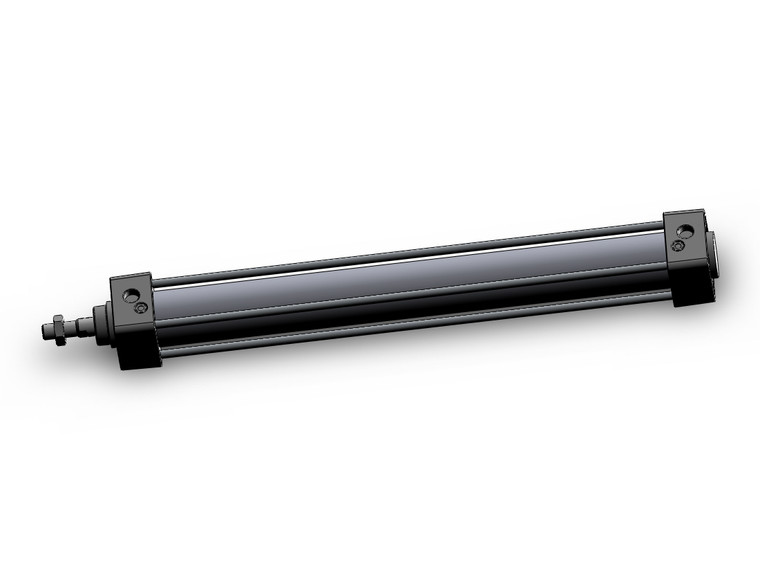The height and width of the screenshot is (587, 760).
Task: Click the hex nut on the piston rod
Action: point(59,330)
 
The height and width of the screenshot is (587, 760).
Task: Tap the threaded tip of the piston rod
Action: point(46,331)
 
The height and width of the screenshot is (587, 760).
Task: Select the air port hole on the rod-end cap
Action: point(129,294)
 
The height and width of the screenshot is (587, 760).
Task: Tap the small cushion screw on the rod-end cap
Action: point(141,307)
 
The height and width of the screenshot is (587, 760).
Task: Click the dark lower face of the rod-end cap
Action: point(137,350)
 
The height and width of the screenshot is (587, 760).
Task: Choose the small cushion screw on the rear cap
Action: point(679,244)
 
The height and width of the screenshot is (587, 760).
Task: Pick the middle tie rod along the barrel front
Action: point(400,295)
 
